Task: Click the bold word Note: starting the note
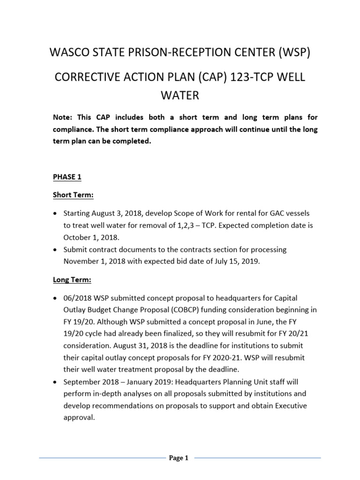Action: coord(62,117)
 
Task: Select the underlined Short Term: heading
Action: coord(72,195)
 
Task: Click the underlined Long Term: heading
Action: coord(71,280)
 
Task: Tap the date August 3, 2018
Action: coord(118,214)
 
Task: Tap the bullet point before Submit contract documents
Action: coord(55,249)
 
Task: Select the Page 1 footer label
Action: coord(178,458)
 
